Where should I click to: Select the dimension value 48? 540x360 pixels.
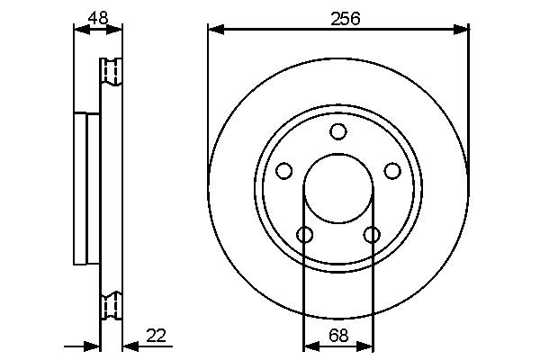tap(97, 16)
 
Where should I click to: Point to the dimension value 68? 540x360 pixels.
tap(338, 336)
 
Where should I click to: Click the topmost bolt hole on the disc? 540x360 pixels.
tap(337, 132)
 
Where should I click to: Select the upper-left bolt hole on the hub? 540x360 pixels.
tap(284, 170)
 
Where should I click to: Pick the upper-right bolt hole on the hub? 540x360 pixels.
tap(391, 170)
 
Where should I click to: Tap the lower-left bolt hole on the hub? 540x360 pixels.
tap(304, 235)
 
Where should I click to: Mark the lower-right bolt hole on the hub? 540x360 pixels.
tap(372, 235)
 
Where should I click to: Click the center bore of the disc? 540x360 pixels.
tap(338, 189)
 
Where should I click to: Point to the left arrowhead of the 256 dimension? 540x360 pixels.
tap(214, 30)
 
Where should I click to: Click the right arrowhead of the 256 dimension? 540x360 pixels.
tap(463, 30)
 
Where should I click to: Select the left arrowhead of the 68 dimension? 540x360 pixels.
tap(310, 346)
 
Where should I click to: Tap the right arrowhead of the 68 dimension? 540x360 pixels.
tap(367, 346)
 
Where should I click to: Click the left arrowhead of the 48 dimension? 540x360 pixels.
tap(79, 29)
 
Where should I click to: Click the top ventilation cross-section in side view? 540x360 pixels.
tap(111, 71)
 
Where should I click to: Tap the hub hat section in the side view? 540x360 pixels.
tap(86, 188)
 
